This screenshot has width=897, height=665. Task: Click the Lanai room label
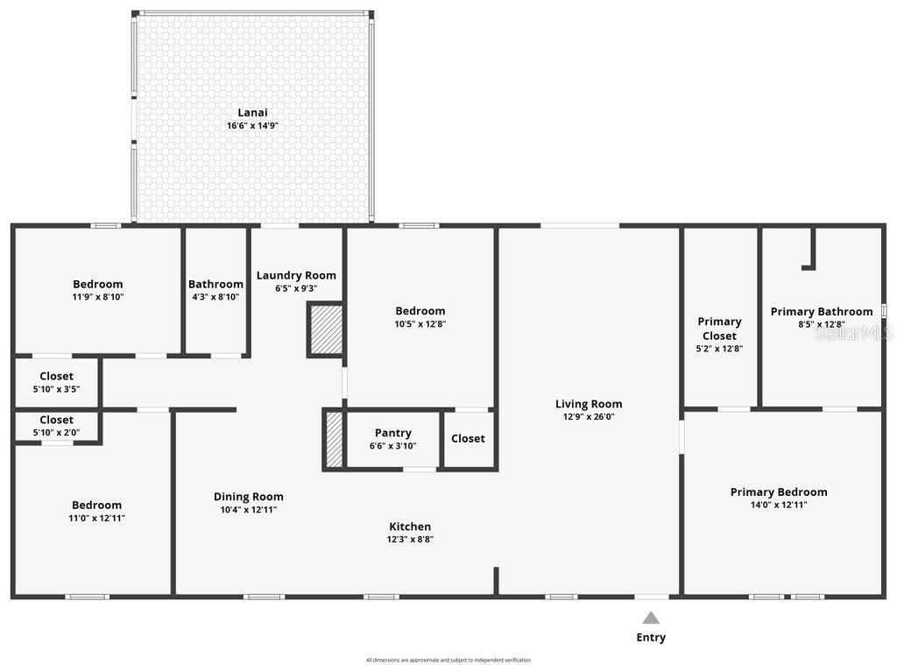coord(252,112)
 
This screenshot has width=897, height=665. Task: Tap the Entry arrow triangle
coord(651,618)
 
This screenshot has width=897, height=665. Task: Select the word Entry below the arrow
coord(651,638)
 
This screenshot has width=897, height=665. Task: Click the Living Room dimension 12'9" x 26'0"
coord(589,417)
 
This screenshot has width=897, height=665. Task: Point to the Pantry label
coord(392,433)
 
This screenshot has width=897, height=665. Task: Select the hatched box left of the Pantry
coord(334,439)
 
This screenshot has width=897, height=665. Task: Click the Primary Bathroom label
coord(822,312)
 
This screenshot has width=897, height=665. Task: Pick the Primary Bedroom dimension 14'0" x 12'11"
coord(779,505)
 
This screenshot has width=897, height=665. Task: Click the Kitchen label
coord(410,527)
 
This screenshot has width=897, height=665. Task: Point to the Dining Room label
coord(249,497)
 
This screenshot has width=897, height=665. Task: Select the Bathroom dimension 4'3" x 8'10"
coord(215,297)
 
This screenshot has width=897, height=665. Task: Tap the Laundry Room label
coord(296,275)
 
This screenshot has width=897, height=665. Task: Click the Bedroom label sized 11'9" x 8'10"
coord(97,284)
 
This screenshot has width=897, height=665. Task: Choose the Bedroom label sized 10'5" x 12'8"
coord(420,311)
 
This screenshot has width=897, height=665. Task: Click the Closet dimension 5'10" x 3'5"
coord(56,389)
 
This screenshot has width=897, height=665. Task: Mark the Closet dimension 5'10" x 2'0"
coord(56,432)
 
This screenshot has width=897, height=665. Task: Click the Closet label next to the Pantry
coord(468,438)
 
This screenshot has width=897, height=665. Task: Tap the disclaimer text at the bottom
coord(448,660)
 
